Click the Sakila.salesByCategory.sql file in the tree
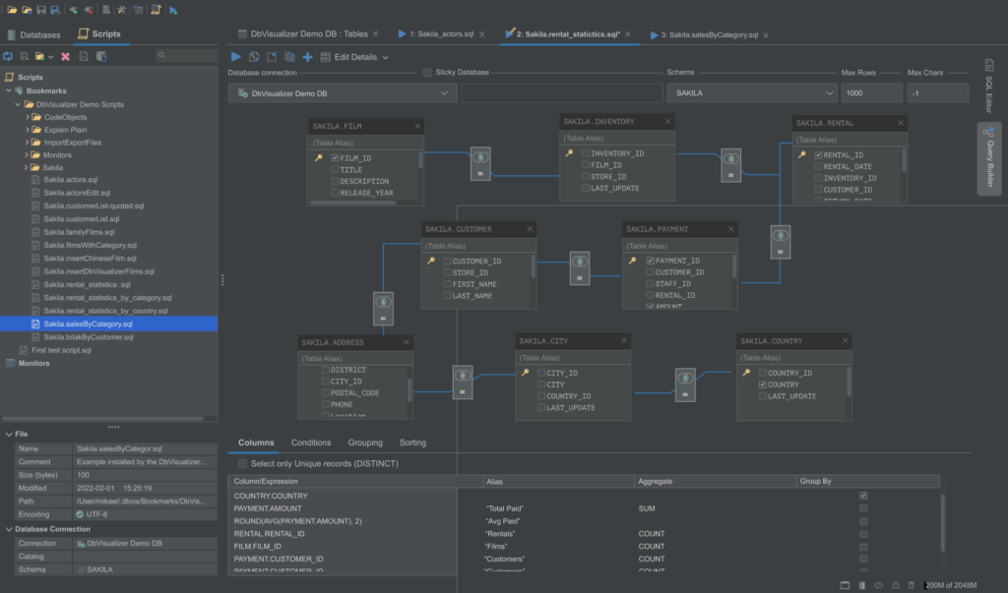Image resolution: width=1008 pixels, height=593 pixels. tap(89, 324)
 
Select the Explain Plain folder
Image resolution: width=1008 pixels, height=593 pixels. tap(65, 130)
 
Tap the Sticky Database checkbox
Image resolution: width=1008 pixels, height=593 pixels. tap(427, 73)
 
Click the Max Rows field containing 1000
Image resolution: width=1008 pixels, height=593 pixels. tap(871, 93)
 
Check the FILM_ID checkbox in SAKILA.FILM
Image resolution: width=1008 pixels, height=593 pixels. tap(336, 158)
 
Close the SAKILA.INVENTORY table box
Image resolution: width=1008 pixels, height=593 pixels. tap(666, 122)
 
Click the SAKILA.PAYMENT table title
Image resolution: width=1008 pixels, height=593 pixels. tap(658, 229)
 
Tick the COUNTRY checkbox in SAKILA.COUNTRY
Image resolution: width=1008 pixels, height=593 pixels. tap(763, 385)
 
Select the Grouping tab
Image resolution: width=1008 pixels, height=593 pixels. tap(365, 443)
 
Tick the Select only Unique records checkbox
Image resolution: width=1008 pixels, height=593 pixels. tap(242, 463)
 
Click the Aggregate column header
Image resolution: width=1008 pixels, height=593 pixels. tap(656, 482)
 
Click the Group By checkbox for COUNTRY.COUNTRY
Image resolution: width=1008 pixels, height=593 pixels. tap(863, 496)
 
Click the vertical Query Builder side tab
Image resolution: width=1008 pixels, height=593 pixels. tap(988, 160)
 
